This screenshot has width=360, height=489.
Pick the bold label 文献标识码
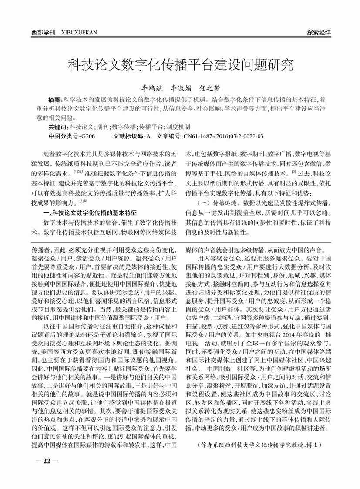coord(129,136)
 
